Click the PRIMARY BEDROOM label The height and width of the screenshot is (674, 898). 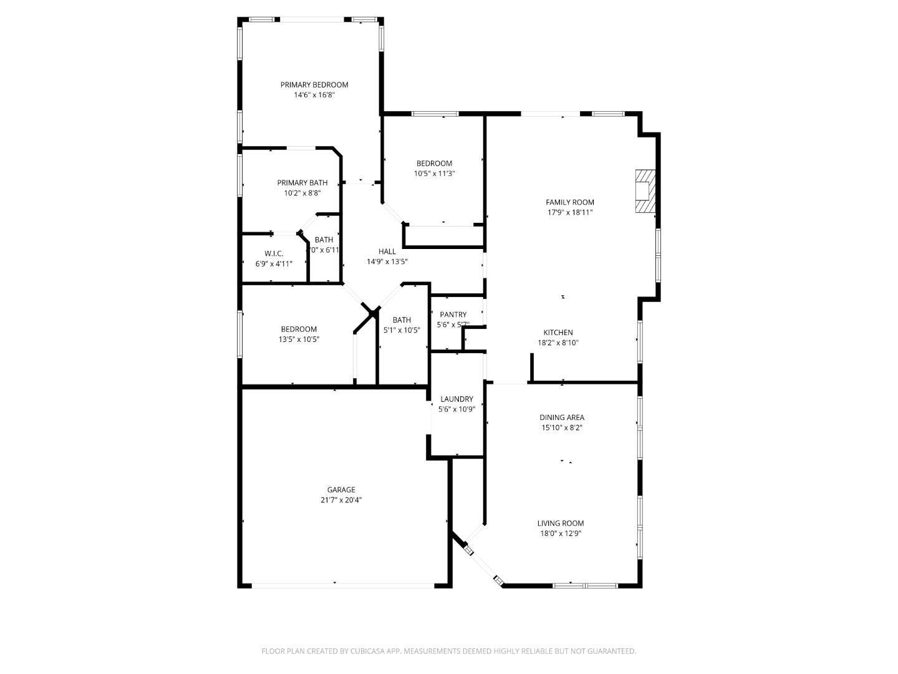pos(314,85)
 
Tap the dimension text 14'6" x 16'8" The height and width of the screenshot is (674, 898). pos(314,95)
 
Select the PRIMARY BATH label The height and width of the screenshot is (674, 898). pos(302,183)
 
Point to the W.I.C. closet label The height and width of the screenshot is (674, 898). pos(274,253)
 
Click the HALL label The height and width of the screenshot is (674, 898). pos(387,252)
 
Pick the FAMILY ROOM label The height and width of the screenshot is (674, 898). pos(569,202)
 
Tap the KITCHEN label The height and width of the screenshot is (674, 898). pos(558,333)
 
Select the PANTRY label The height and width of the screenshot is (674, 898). pos(453,315)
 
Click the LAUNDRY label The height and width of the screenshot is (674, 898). pos(456,399)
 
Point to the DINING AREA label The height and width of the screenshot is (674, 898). pos(561,418)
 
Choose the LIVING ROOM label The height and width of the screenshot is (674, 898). pos(560,524)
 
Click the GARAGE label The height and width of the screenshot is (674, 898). pos(341,490)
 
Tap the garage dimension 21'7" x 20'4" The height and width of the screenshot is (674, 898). pos(341,500)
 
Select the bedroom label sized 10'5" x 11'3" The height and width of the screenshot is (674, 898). pos(434,164)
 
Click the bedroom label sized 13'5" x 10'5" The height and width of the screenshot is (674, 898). pos(298,329)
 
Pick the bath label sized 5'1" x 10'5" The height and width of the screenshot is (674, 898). pos(402,320)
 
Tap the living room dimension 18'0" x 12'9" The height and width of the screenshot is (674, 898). pos(560,534)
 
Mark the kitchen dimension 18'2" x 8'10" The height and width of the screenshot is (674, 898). pos(558,343)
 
